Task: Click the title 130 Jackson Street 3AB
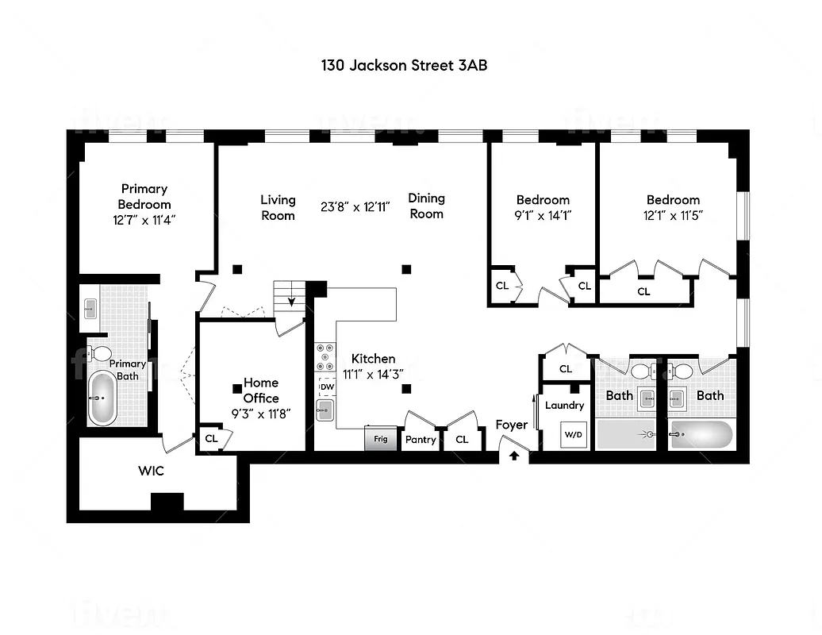click(404, 65)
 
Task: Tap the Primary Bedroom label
click(144, 197)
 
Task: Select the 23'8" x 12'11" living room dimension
click(355, 206)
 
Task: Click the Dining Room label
click(426, 206)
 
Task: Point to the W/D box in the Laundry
click(572, 434)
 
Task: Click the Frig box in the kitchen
click(381, 438)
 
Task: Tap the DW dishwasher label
click(326, 387)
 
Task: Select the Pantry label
click(421, 439)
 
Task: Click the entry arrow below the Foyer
click(514, 456)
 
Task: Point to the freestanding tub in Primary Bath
click(102, 398)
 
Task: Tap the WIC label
click(151, 471)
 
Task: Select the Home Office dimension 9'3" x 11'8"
click(261, 414)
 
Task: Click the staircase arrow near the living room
click(291, 301)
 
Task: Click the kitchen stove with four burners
click(326, 357)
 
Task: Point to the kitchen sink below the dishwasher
click(325, 410)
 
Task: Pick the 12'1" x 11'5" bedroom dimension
click(673, 214)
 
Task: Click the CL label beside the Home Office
click(211, 438)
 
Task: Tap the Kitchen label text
click(373, 359)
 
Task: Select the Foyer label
click(512, 425)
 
